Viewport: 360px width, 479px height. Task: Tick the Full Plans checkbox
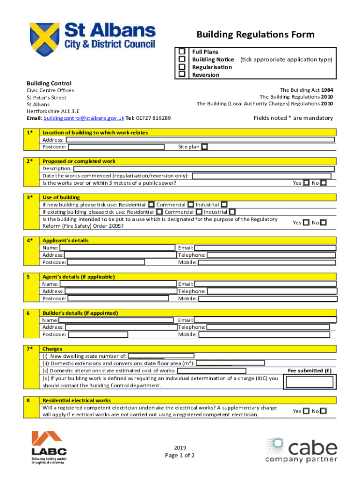click(182, 51)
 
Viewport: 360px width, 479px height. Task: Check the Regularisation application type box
click(182, 67)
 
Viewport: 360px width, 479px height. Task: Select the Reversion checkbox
click(182, 74)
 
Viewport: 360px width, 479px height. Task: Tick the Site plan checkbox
click(204, 147)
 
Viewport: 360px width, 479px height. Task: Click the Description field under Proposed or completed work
click(204, 168)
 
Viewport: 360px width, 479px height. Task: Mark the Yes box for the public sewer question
click(306, 183)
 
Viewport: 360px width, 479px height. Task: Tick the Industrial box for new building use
click(224, 204)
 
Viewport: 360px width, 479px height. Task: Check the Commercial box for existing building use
click(198, 212)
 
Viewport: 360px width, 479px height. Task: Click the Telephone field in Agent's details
click(271, 291)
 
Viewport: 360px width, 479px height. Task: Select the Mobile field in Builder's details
click(266, 334)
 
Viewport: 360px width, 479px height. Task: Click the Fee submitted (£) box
click(310, 382)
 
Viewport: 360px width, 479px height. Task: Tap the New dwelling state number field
click(161, 356)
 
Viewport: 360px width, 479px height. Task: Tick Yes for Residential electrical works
click(306, 411)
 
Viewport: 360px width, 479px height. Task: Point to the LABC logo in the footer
click(49, 448)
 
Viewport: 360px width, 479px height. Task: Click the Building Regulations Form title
click(255, 35)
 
